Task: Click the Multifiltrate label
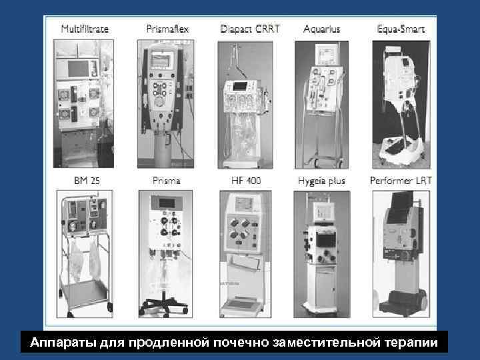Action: tap(85, 29)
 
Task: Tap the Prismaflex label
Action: tap(167, 29)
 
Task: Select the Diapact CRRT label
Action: tap(250, 29)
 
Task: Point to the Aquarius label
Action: tap(321, 29)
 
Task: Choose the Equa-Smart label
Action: tap(401, 29)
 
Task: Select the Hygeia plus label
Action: tap(321, 181)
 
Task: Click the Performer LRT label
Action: tap(401, 181)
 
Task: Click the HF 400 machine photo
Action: tap(245, 253)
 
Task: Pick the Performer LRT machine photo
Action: tap(400, 253)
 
